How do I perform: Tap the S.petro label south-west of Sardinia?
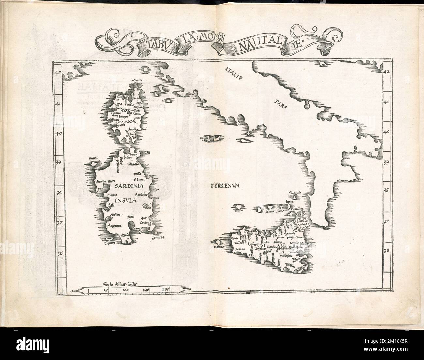(109, 242)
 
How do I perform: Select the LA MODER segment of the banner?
(200, 41)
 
